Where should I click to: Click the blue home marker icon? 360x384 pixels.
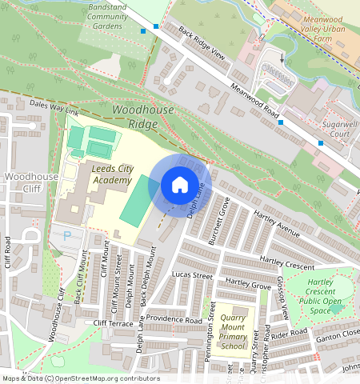pos(180,186)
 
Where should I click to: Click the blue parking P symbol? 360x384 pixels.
pos(67,236)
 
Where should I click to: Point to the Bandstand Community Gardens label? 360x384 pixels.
pos(108,16)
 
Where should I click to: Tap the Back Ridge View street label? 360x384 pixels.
pos(202,45)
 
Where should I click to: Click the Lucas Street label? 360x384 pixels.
pos(192,275)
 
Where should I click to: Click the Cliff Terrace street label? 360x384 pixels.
pos(113,323)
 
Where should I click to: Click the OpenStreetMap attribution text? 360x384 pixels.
pos(80,378)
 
